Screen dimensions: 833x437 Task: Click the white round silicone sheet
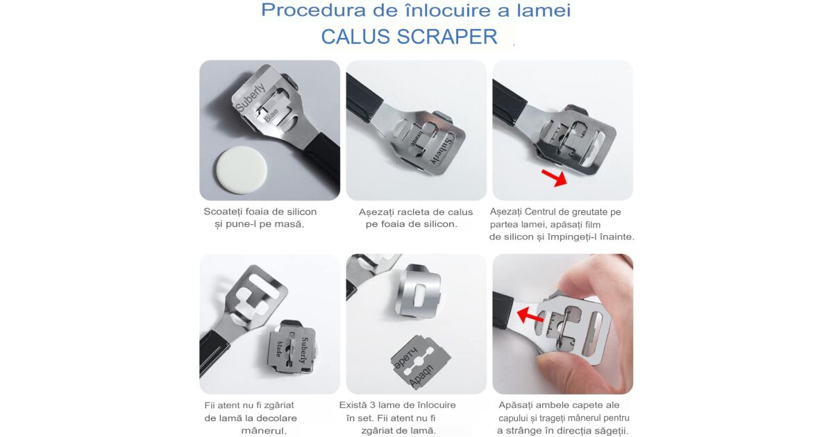click(242, 170)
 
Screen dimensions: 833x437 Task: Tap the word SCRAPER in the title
click(447, 37)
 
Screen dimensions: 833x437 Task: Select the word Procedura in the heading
click(314, 10)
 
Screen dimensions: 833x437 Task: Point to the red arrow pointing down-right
click(554, 178)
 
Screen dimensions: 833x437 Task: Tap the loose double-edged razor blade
click(420, 361)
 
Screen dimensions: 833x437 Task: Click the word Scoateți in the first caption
click(221, 212)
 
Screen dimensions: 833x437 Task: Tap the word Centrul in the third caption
click(542, 212)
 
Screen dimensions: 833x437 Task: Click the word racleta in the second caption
click(414, 212)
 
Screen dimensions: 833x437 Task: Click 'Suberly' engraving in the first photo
click(251, 96)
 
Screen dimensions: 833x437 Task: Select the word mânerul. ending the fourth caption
click(264, 431)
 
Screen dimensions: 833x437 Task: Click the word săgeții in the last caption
click(612, 431)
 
